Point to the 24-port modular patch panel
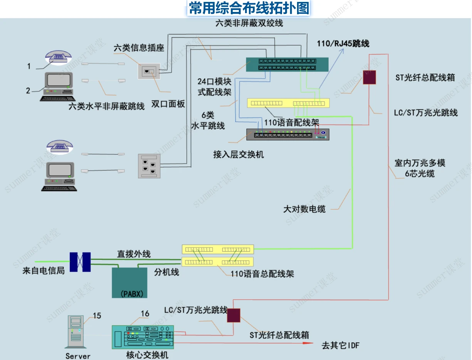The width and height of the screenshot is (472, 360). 287,64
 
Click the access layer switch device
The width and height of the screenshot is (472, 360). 288,134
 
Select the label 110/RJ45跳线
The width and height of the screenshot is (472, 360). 343,44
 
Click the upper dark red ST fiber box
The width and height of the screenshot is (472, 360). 369,77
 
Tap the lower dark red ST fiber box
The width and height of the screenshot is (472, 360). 233,315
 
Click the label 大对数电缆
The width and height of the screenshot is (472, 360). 304,209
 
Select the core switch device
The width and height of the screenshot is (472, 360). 143,337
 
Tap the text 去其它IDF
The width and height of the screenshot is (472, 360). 340,345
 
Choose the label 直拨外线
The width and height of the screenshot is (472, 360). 134,254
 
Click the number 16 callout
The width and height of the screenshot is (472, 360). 145,314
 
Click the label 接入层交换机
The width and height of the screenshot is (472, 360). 239,155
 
